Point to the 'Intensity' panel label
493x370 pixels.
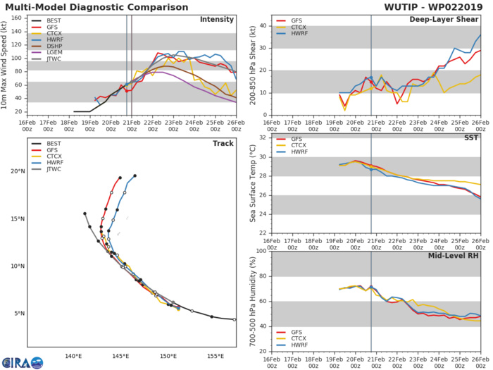click(x=218, y=19)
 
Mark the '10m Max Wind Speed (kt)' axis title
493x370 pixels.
click(x=6, y=65)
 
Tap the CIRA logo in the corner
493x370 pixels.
click(x=22, y=362)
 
